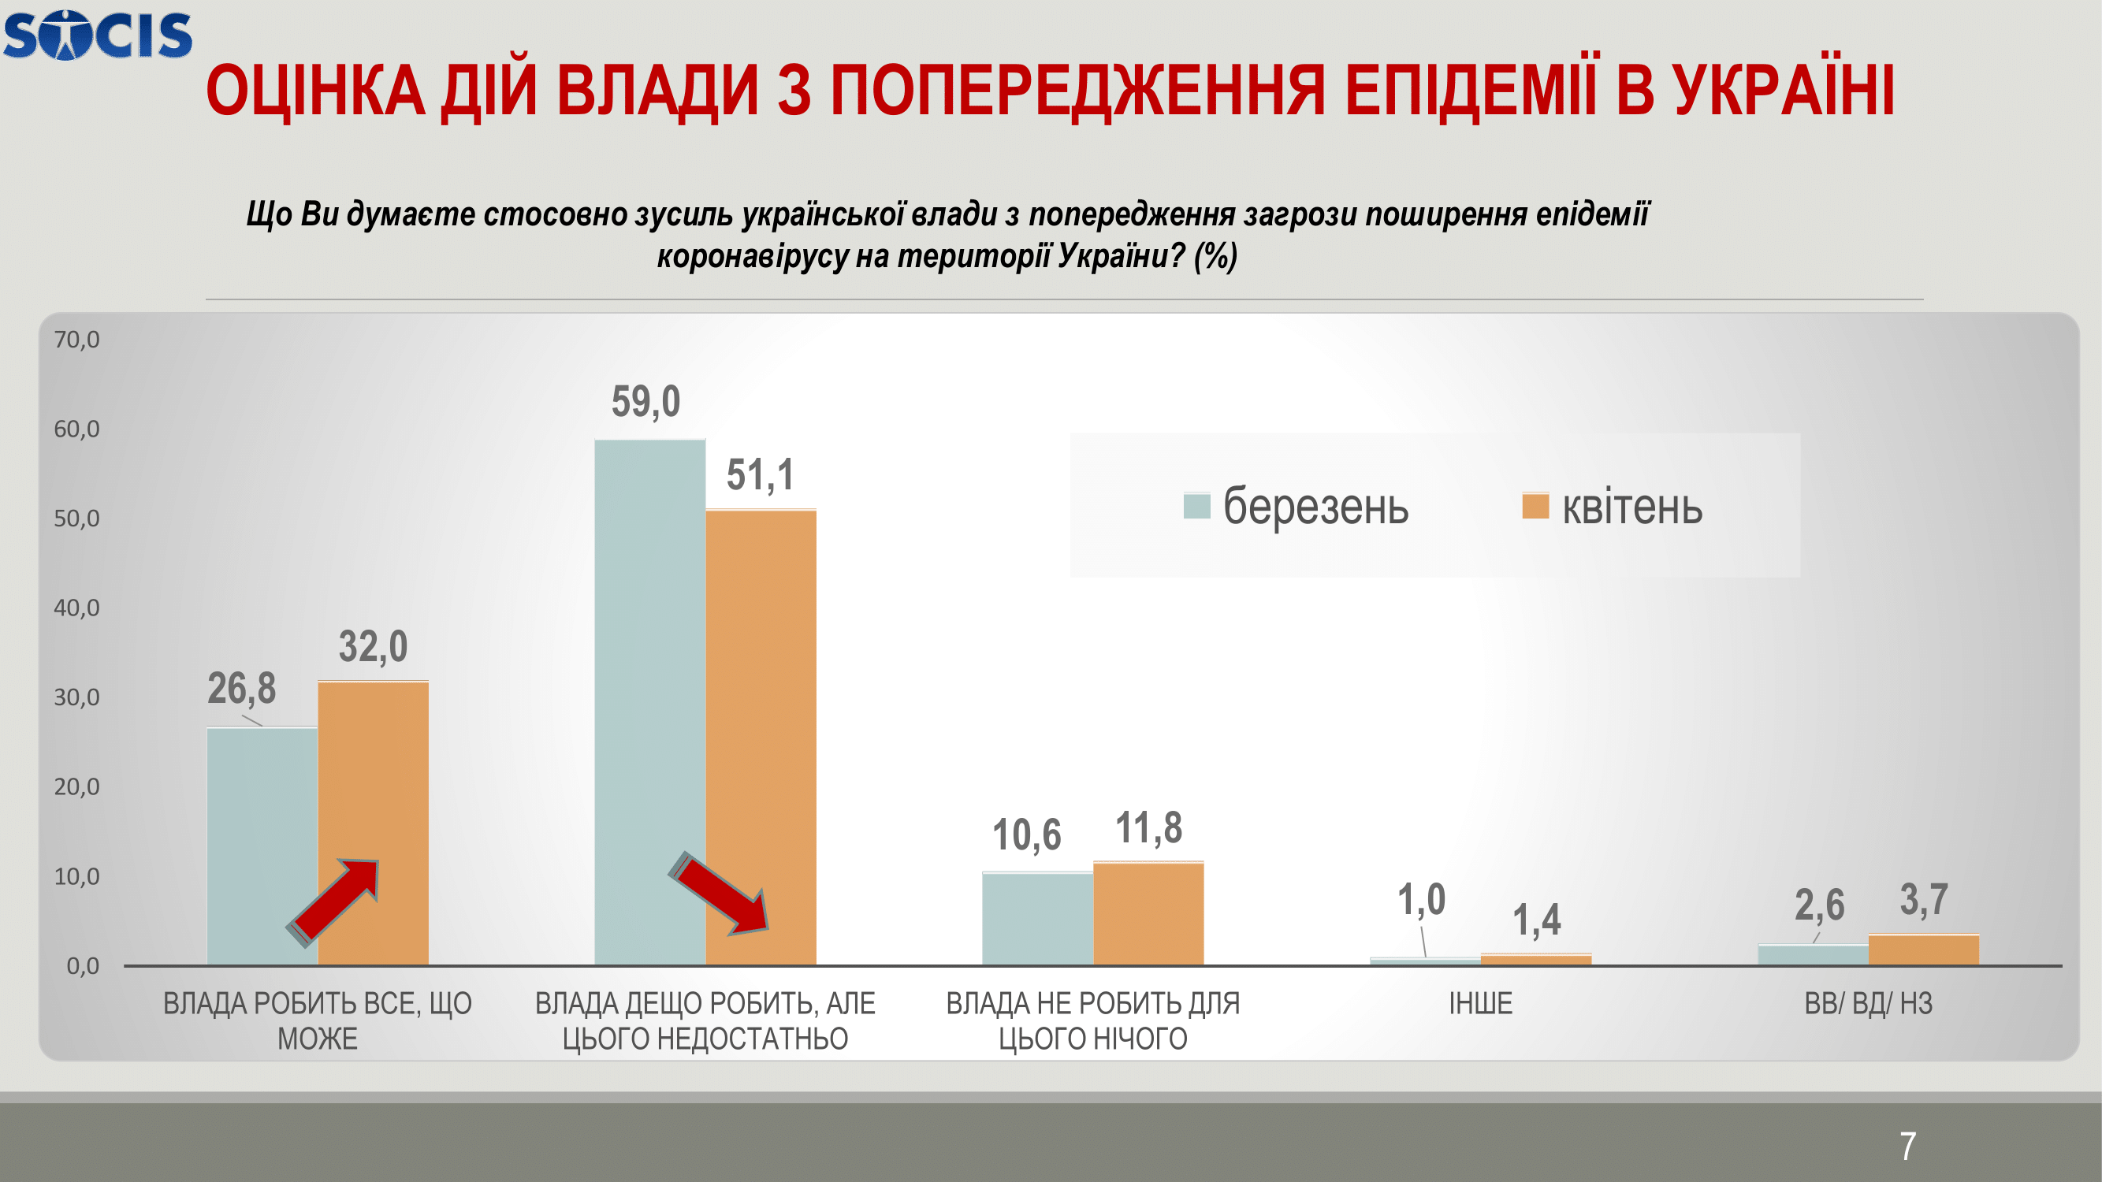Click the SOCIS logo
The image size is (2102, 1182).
98,35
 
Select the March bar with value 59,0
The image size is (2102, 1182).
649,702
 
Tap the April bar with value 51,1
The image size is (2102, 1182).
761,738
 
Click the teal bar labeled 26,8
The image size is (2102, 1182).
262,846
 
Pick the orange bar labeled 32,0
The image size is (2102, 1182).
373,823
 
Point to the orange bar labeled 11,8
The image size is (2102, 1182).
1148,913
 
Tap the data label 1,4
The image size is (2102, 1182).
1537,920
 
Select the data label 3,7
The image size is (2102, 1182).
1924,900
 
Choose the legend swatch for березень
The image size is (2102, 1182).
1196,506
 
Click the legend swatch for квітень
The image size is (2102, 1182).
1535,506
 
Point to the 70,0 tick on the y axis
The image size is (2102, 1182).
76,340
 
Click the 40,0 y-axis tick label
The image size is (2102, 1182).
76,608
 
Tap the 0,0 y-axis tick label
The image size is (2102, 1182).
83,966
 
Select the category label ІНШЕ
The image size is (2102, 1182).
1481,1003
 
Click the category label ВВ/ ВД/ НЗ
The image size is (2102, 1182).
1869,1003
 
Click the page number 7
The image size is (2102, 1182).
1908,1147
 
